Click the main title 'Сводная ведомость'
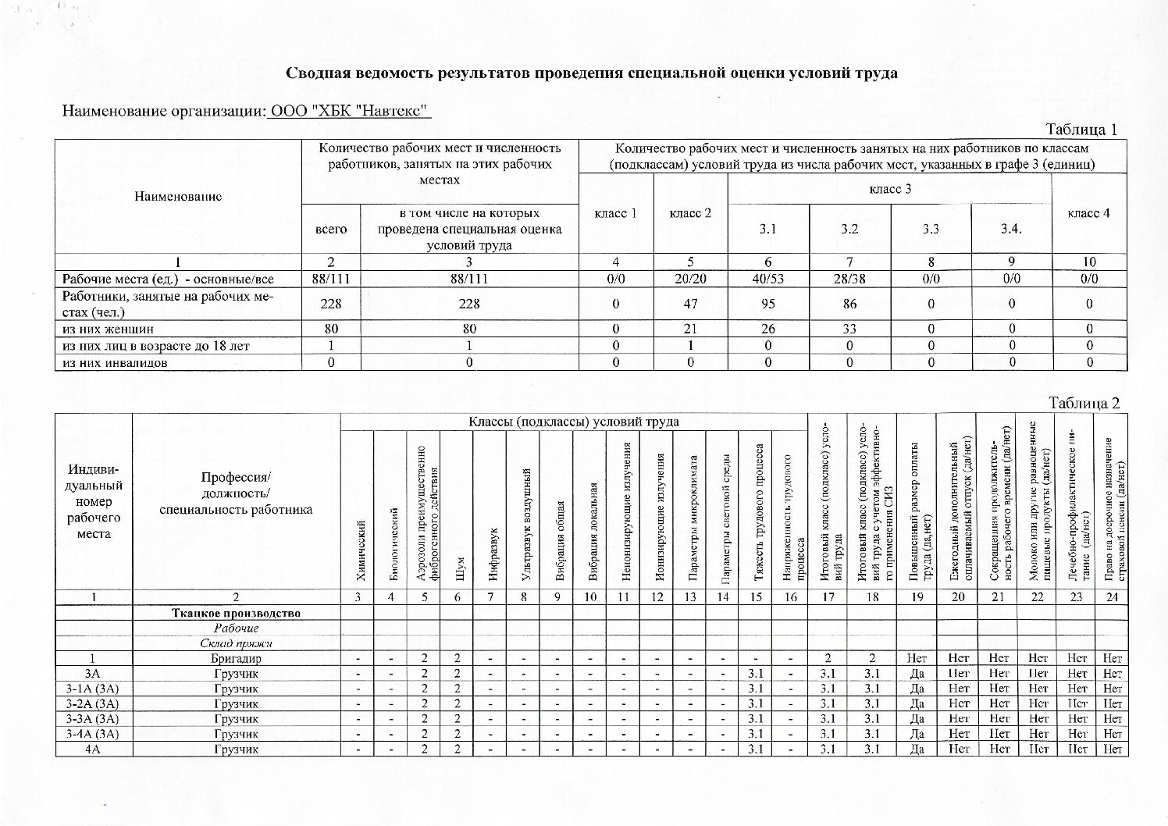[x=591, y=73]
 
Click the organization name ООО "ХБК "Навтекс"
[x=350, y=112]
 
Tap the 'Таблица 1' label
[x=1082, y=130]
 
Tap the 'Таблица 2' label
[x=1084, y=403]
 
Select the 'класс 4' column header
[x=1088, y=213]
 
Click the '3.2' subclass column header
[x=849, y=229]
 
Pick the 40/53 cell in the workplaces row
[x=768, y=279]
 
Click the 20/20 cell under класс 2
[x=690, y=279]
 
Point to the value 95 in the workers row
[x=768, y=304]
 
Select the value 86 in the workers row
[x=849, y=304]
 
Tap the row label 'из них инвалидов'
[x=115, y=363]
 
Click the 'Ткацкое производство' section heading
[x=236, y=613]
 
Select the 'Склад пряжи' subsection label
[x=236, y=643]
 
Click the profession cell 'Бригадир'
[x=236, y=658]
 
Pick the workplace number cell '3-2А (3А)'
[x=94, y=703]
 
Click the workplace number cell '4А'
[x=94, y=749]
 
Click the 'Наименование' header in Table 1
[x=178, y=197]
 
